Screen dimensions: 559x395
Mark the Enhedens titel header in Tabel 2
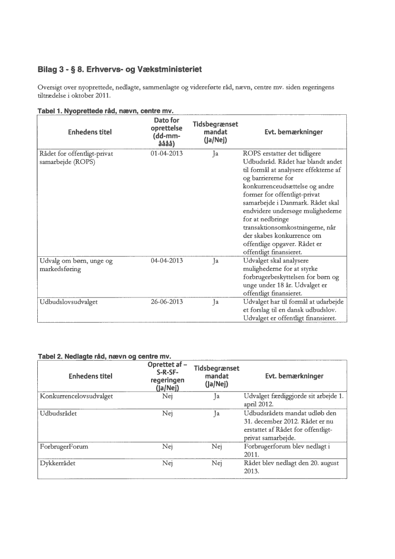pyautogui.click(x=91, y=376)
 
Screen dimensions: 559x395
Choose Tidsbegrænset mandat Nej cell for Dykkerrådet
pyautogui.click(x=216, y=464)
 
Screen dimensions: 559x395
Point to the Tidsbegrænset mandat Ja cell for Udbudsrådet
pyautogui.click(x=216, y=413)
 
